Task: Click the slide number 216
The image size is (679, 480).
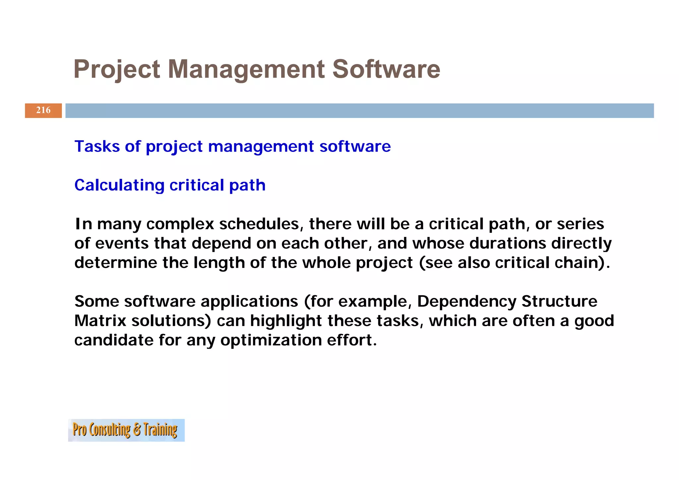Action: [x=43, y=110]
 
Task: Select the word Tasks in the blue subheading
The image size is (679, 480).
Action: [x=96, y=146]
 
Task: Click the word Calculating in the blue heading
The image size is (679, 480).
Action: [x=119, y=185]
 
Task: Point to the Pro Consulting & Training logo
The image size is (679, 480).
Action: [x=126, y=430]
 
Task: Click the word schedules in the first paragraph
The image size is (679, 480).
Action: [x=261, y=224]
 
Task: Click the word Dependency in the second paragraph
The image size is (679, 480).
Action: [x=466, y=302]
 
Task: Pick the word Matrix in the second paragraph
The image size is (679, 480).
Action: [x=100, y=321]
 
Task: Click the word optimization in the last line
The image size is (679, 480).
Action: [x=271, y=340]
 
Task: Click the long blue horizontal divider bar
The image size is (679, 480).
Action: [x=359, y=110]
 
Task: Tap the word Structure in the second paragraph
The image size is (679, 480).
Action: [x=559, y=302]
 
